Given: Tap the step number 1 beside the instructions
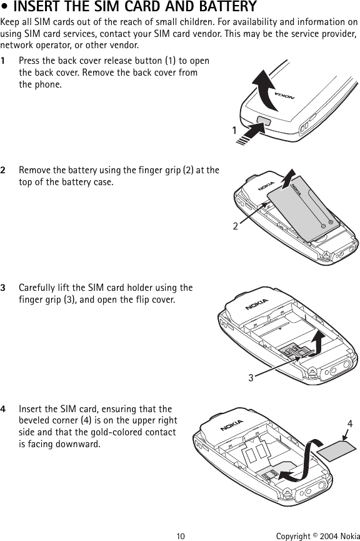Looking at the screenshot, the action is point(2,61).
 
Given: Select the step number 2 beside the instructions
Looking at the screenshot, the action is point(2,170).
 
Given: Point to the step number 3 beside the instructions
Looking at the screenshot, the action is point(2,288).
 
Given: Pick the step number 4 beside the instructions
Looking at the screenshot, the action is point(2,409).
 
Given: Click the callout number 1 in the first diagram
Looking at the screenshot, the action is point(234,131).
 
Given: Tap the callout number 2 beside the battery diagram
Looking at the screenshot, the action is point(235,226).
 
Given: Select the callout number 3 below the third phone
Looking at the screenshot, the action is point(251,378).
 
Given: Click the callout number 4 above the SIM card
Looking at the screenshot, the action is point(350,423).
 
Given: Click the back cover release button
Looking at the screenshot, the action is point(264,121).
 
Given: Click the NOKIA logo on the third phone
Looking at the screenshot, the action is point(256,305).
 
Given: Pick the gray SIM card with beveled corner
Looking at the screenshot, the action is point(336,450).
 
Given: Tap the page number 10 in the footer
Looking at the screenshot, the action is point(181,536).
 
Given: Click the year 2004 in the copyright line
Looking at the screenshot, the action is point(328,536).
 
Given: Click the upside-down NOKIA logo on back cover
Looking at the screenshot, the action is point(284,95).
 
